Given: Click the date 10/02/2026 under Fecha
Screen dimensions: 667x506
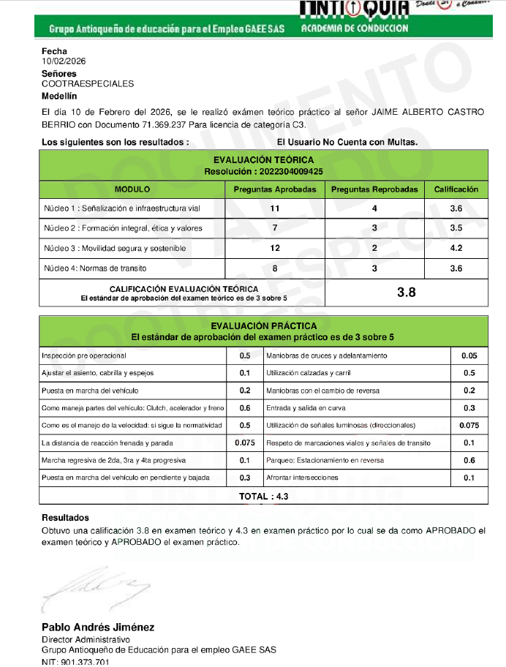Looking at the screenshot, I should click(64, 61).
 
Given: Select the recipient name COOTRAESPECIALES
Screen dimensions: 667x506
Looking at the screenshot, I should click(88, 83).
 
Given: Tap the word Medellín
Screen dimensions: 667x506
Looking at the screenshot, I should click(59, 96).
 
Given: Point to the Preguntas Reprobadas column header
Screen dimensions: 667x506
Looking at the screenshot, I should click(374, 189).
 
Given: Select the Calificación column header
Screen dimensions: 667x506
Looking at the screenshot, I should click(456, 189).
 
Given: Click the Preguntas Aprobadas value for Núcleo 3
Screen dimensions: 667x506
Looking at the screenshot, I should click(275, 249).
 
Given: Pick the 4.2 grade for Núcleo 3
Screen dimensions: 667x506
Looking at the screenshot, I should click(456, 249).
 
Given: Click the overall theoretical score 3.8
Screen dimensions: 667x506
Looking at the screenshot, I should click(406, 293).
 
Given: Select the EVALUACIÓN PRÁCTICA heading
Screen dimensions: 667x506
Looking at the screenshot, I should click(263, 325).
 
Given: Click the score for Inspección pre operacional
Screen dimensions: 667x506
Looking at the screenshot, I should click(245, 356).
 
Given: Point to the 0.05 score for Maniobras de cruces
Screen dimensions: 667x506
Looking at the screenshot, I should click(469, 356).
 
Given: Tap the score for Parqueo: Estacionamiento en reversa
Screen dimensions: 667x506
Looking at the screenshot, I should click(469, 461).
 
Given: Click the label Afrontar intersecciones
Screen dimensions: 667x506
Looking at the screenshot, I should click(302, 478).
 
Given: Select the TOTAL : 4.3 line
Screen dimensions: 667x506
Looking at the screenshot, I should click(263, 496).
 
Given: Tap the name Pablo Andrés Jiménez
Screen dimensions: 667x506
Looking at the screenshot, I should click(98, 628).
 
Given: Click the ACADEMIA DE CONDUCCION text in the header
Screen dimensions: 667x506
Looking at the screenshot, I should click(355, 29).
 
